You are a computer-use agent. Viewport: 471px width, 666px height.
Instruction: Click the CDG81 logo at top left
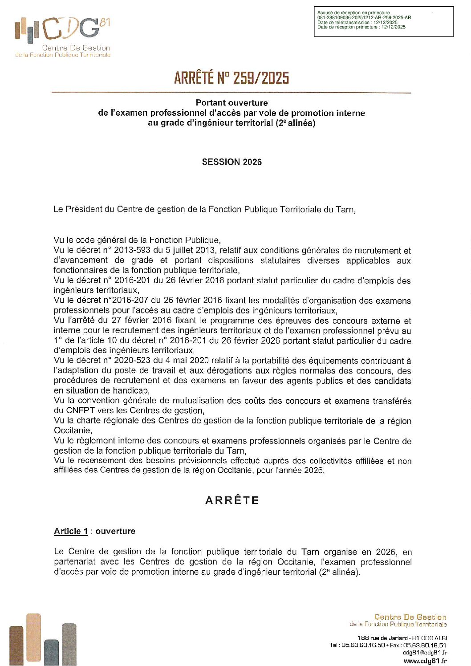[x=62, y=37]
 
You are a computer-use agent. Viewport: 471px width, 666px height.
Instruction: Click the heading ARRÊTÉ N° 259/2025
[x=231, y=78]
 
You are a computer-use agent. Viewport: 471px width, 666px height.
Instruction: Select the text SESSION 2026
[x=231, y=162]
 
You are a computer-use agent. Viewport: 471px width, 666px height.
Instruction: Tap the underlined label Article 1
[x=71, y=532]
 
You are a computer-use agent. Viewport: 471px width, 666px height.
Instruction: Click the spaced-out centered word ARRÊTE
[x=232, y=500]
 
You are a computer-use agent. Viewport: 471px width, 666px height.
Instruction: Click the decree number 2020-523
[x=132, y=361]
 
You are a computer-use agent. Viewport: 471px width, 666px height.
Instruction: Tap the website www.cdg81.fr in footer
[x=425, y=661]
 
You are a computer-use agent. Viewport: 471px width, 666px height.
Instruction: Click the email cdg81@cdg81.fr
[x=425, y=653]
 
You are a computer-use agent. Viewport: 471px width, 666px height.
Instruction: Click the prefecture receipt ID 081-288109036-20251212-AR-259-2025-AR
[x=364, y=18]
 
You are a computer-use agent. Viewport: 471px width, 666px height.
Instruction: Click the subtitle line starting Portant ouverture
[x=231, y=103]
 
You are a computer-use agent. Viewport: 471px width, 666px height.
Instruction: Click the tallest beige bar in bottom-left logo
[x=33, y=638]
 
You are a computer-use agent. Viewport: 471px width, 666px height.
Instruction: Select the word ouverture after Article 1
[x=115, y=532]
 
